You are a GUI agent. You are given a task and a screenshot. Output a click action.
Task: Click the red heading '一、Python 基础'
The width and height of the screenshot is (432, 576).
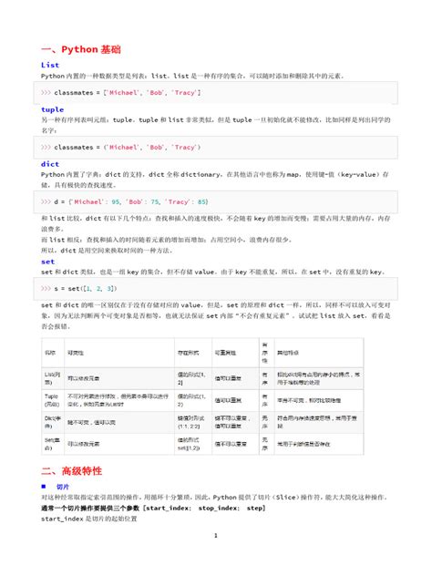81,48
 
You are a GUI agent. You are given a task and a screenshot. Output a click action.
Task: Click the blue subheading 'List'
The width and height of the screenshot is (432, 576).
50,66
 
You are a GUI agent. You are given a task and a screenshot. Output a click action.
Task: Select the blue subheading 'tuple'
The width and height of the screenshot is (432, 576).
53,109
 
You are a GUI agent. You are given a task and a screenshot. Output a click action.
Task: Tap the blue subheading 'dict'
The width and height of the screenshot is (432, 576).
50,163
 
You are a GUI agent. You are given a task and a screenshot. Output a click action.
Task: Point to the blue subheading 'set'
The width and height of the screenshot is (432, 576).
48,261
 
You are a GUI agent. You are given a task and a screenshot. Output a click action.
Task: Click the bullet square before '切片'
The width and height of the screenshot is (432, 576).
45,487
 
